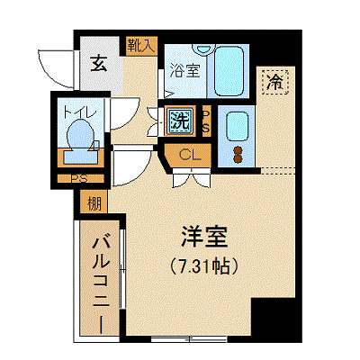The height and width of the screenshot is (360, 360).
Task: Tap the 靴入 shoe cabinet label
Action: tap(142, 43)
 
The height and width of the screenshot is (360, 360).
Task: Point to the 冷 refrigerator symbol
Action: tap(275, 82)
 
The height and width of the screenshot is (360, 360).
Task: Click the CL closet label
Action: tap(189, 155)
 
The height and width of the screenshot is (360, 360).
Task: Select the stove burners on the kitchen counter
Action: tap(238, 150)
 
